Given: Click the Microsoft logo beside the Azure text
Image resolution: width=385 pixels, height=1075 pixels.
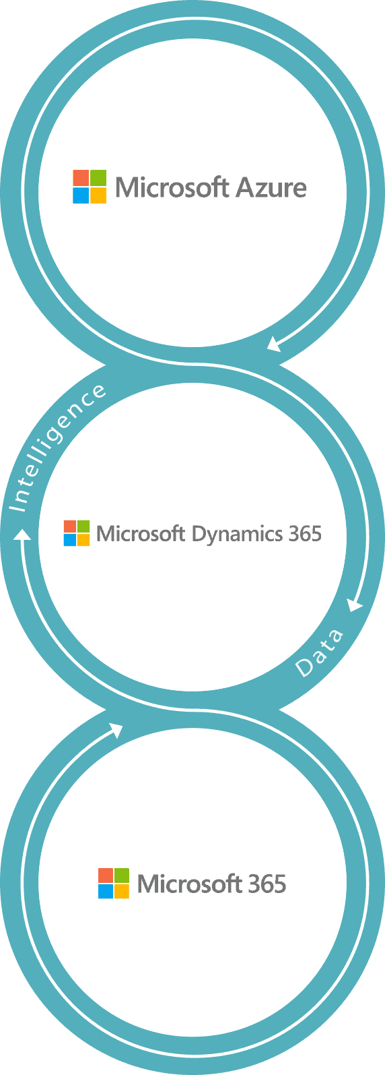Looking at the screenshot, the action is tap(90, 187).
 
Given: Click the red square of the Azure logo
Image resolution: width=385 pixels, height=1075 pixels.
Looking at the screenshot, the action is tap(81, 177).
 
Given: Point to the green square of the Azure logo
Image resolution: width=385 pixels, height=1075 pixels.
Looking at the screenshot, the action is tap(98, 177).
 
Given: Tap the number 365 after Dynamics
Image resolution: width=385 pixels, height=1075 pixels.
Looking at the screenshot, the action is tap(305, 534).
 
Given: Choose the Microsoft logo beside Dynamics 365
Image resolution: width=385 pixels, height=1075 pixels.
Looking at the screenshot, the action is tap(77, 533).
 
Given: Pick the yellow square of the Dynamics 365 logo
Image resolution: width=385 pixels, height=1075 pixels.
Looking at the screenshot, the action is tap(83, 540).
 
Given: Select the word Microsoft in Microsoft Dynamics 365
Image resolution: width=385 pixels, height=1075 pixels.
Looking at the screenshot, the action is tap(141, 534).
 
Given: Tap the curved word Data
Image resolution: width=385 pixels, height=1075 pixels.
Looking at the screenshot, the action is tap(319, 652).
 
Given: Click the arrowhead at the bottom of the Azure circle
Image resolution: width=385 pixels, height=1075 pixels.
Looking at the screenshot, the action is tap(274, 344).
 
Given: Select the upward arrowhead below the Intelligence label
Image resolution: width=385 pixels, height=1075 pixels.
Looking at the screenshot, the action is tap(22, 534).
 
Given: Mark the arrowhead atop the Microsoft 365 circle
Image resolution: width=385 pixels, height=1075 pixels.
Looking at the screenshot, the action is tap(116, 731).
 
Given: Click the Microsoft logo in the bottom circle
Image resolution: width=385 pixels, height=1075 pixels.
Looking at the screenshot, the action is tap(114, 883).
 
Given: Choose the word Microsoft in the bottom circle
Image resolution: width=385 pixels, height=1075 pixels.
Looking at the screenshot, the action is tap(189, 884).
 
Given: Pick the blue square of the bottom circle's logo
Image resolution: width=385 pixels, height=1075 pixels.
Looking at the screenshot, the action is tap(106, 891).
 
